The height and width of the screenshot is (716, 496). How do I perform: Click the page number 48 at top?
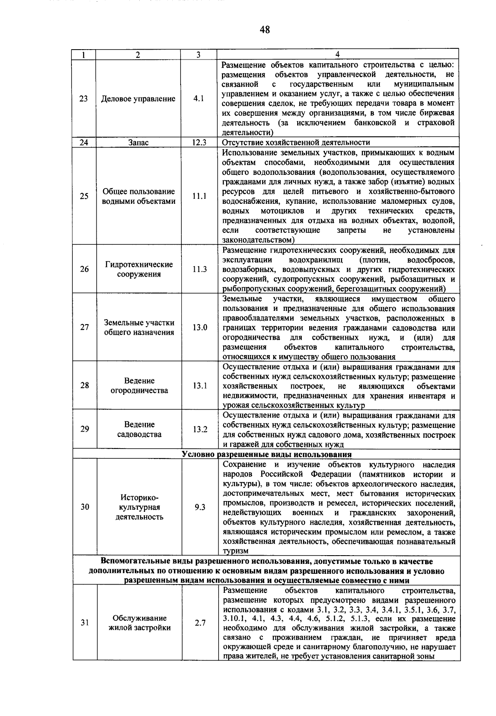(265, 29)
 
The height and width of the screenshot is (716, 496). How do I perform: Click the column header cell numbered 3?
(198, 55)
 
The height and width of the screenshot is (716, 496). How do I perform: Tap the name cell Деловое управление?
(138, 99)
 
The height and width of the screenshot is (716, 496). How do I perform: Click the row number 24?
(84, 143)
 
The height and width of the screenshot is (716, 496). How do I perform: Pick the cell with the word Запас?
(138, 143)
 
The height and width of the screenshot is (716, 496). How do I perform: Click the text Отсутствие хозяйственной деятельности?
(296, 143)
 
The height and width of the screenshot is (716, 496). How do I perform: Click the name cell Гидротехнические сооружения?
(138, 270)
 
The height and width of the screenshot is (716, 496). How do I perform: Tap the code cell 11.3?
(199, 270)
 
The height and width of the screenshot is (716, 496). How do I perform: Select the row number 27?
(85, 327)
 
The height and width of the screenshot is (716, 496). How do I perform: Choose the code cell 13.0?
(199, 327)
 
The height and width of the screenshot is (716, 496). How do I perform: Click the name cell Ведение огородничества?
(139, 386)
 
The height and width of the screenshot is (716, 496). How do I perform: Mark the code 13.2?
(200, 429)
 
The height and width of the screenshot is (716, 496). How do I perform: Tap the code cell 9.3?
(200, 507)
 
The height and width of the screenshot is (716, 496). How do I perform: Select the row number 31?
(85, 623)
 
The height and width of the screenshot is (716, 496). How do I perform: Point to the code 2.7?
(200, 623)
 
